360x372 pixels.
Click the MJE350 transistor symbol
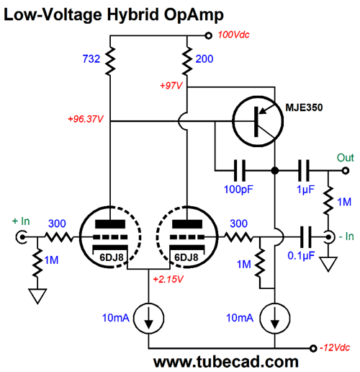click(258, 121)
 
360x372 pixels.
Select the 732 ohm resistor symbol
click(110, 61)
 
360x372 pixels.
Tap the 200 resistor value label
click(204, 59)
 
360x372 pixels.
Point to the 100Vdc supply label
click(233, 35)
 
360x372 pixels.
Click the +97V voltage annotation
click(171, 85)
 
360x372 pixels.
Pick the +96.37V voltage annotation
click(86, 119)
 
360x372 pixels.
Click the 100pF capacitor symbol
click(240, 170)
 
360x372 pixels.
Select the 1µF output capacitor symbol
click(304, 170)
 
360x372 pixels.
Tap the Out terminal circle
click(346, 171)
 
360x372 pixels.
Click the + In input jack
click(21, 237)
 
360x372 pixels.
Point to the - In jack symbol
click(329, 237)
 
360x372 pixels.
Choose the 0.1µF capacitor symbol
click(306, 237)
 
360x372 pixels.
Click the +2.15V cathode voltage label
click(168, 279)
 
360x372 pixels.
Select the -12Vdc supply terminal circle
click(313, 348)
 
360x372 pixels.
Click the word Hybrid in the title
click(132, 15)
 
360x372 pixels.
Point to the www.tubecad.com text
click(226, 362)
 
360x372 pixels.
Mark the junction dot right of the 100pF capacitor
click(275, 171)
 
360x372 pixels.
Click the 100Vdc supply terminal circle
click(209, 36)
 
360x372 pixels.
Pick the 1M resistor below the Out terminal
click(328, 200)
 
